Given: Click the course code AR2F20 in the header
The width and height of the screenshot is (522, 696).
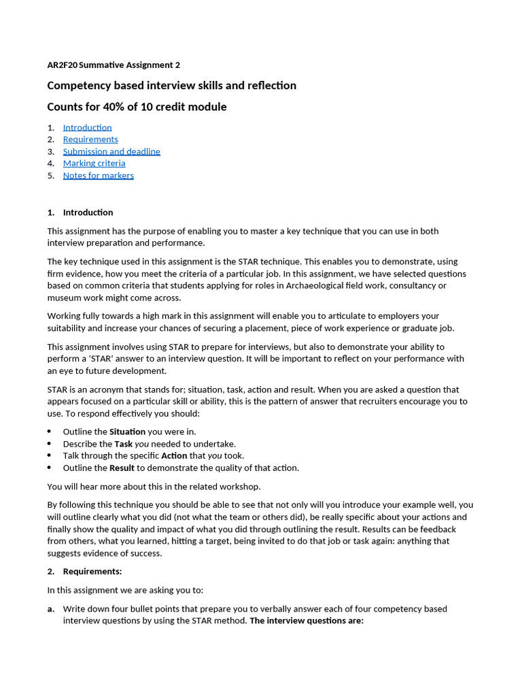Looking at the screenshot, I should point(62,65).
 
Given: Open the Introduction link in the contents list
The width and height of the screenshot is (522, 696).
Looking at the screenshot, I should point(87,128).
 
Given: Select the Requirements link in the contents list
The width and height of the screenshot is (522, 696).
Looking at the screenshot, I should point(90,139).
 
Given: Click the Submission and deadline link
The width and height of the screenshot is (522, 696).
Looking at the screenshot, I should point(111,152).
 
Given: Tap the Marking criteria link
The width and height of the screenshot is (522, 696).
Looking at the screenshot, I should point(94,163).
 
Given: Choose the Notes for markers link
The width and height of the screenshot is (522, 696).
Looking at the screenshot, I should point(98,175).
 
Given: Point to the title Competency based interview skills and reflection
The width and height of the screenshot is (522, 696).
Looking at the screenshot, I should point(171,86).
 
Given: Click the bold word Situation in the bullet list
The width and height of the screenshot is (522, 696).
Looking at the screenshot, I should point(127,432).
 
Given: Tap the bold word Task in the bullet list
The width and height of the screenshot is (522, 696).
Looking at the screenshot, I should point(123,444).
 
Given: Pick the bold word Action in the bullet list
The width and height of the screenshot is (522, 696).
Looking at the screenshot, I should point(174,456).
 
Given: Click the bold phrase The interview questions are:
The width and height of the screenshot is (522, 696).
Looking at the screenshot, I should point(307,621).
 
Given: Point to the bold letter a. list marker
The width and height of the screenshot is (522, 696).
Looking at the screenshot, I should point(51,609).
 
